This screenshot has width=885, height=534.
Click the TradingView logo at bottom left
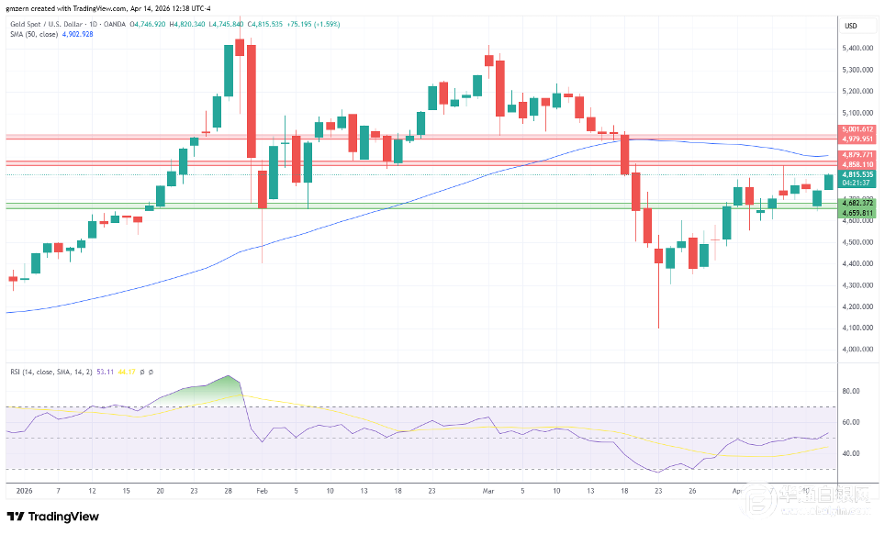[x=52, y=517]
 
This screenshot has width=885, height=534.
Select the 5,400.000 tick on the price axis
[x=857, y=48]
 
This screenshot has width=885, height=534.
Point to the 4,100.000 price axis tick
[x=857, y=328]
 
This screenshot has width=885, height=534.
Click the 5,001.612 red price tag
[x=857, y=130]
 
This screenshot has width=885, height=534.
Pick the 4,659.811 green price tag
[x=857, y=213]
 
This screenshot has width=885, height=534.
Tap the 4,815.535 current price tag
[x=857, y=174]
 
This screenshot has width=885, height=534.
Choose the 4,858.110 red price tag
[x=857, y=164]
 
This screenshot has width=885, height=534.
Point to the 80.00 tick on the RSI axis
[x=850, y=391]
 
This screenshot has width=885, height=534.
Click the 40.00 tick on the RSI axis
[x=850, y=453]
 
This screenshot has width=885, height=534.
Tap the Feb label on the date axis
[x=262, y=491]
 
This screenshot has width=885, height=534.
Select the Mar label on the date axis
[x=487, y=491]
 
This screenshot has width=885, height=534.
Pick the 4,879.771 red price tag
[x=857, y=154]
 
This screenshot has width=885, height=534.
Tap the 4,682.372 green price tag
[x=857, y=204]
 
